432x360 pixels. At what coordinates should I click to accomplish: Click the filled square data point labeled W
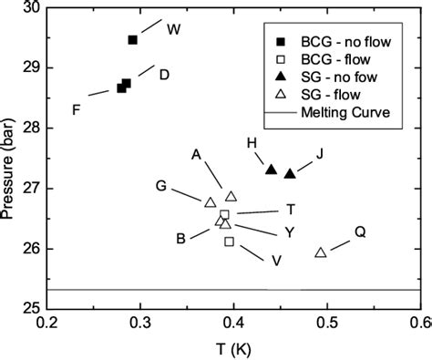coord(133,40)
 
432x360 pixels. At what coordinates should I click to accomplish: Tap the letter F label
coord(77,110)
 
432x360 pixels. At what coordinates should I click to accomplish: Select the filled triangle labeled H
coord(271,169)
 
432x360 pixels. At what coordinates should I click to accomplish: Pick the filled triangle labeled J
coord(290,173)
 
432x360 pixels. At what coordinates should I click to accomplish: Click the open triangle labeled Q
coord(321,252)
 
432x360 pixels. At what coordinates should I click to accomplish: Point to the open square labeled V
coord(229,242)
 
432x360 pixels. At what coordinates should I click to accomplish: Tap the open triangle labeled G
coord(211,202)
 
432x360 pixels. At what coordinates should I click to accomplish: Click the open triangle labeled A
coord(231,196)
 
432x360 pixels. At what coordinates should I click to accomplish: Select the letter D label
coord(163,74)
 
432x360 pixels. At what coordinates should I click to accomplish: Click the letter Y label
coord(289,231)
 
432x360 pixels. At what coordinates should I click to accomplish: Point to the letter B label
coord(181,239)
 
